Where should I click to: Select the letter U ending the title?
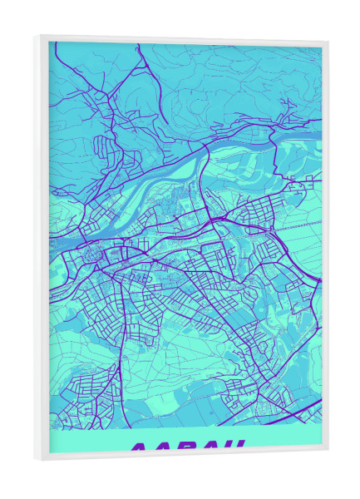pyautogui.click(x=236, y=448)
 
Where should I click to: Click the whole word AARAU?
pyautogui.click(x=189, y=448)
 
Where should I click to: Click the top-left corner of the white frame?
pyautogui.click(x=35, y=36)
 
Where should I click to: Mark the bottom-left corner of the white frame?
pyautogui.click(x=35, y=459)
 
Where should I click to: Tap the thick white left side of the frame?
pyautogui.click(x=41, y=249)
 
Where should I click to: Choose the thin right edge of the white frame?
pyautogui.click(x=324, y=249)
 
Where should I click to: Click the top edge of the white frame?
pyautogui.click(x=183, y=38)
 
